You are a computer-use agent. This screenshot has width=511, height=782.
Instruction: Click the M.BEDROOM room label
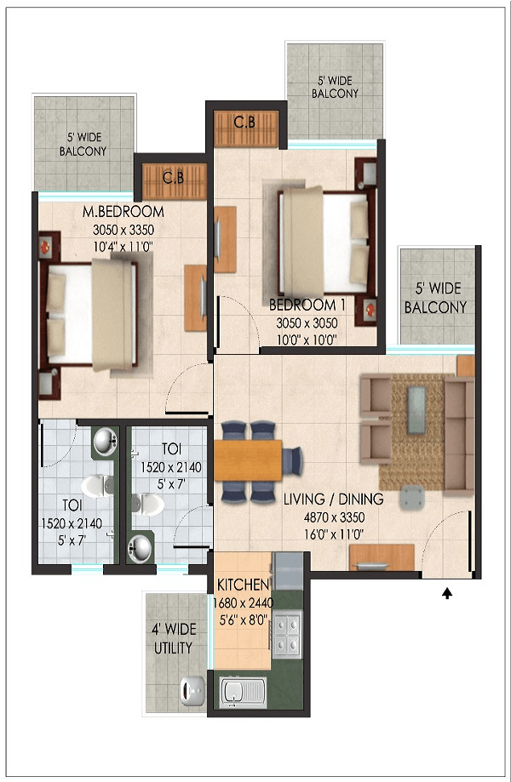click(x=123, y=212)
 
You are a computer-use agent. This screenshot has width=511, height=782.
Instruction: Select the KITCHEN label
click(x=243, y=585)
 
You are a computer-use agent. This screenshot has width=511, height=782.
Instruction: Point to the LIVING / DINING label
click(x=333, y=499)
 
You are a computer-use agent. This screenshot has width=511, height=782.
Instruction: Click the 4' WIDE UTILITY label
click(x=173, y=638)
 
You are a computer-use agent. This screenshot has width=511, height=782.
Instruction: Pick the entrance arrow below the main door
click(x=447, y=593)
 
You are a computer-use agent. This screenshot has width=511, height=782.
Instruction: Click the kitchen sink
click(x=243, y=692)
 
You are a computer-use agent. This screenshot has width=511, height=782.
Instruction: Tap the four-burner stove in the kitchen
click(x=287, y=634)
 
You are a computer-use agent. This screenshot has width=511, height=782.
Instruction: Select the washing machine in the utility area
click(x=192, y=691)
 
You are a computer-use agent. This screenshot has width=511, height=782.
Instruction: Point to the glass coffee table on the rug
click(x=416, y=410)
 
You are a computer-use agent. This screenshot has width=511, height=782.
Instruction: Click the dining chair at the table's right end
click(x=293, y=461)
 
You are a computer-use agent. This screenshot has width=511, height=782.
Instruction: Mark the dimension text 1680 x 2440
click(x=243, y=603)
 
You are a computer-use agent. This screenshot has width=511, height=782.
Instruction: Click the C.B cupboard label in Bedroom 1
click(x=244, y=122)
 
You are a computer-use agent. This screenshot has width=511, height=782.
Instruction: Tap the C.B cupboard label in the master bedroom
click(x=173, y=177)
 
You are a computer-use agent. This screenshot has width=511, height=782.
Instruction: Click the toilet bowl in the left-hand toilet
click(x=97, y=486)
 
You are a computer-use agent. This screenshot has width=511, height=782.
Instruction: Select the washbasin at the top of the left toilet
click(x=106, y=442)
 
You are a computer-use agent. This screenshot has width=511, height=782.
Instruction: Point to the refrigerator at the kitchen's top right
click(x=288, y=571)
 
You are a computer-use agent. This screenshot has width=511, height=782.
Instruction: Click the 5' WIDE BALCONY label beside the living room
click(x=436, y=298)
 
